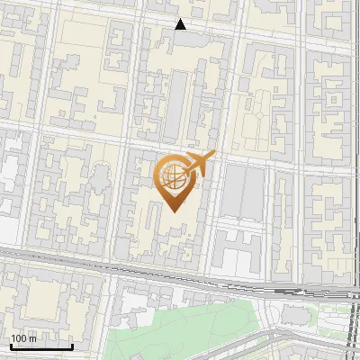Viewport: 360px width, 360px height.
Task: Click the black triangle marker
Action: click(181, 24)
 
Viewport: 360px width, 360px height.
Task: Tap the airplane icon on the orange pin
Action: click(199, 163)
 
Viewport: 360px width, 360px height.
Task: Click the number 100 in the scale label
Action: click(18, 338)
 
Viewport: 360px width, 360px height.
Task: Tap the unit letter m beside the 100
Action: click(32, 338)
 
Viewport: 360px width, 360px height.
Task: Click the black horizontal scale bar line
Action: click(41, 346)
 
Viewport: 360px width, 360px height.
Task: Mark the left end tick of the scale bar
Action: click(10, 345)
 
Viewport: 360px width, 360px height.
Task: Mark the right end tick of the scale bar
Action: click(73, 345)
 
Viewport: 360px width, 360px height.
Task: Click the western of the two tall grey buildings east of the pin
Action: click(230, 193)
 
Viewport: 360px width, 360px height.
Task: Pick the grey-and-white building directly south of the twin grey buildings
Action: click(238, 252)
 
